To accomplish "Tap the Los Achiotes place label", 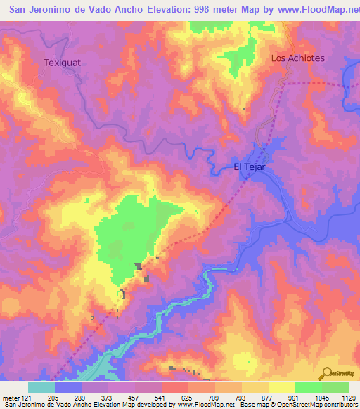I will [298, 58].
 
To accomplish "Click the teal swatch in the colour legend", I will [41, 387].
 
